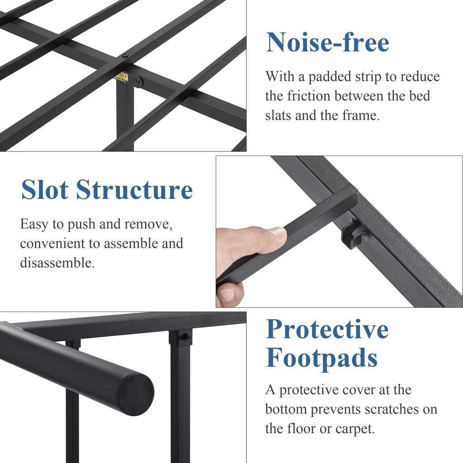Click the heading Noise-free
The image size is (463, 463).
327,42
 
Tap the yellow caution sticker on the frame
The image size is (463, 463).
121,77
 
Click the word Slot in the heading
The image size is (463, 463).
45,189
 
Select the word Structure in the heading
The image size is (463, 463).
134,189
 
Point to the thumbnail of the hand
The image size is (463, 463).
278,233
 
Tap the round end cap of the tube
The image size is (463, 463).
137,394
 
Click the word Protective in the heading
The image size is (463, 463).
327,329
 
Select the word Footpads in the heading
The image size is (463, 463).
321,358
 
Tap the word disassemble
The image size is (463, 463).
57,263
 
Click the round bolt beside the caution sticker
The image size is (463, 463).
137,81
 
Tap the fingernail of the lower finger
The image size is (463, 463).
226,295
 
